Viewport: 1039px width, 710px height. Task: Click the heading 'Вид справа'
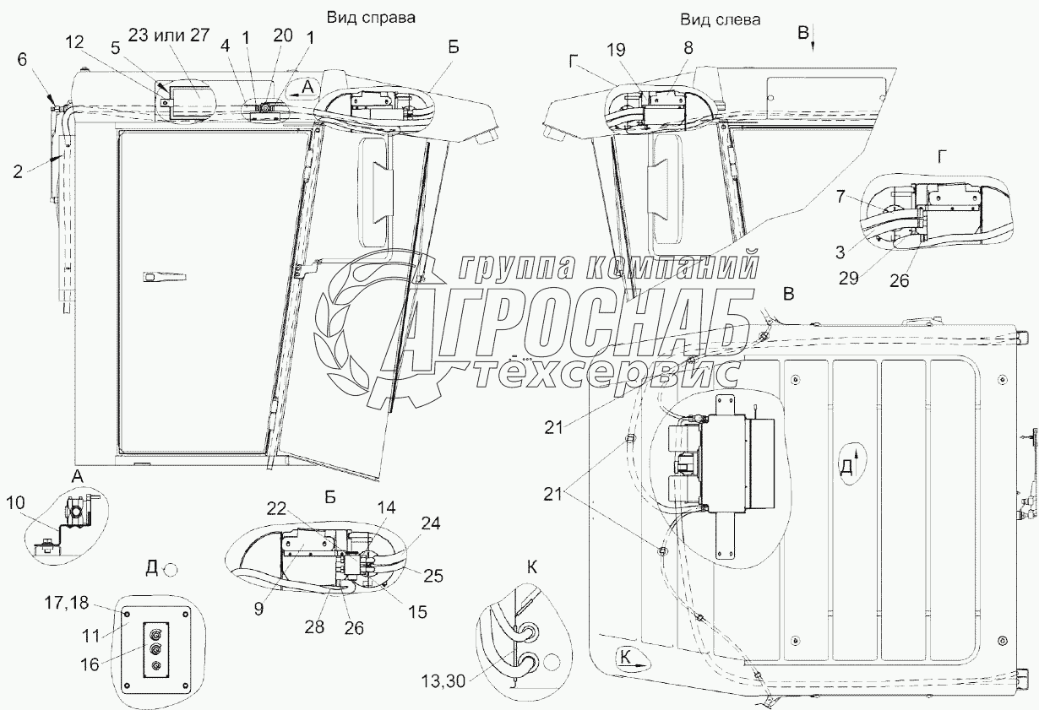(371, 18)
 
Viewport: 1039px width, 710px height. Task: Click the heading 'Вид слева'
(721, 19)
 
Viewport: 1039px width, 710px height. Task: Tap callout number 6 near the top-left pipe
(22, 59)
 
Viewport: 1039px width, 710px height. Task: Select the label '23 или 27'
(169, 35)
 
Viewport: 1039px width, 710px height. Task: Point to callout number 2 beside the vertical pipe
(18, 172)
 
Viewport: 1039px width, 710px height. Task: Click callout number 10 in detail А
(16, 503)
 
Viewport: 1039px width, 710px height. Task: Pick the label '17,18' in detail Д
(66, 604)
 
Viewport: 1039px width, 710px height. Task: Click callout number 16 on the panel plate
(90, 664)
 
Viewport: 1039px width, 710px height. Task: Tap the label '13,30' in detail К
(443, 682)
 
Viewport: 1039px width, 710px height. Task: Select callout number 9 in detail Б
(258, 609)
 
